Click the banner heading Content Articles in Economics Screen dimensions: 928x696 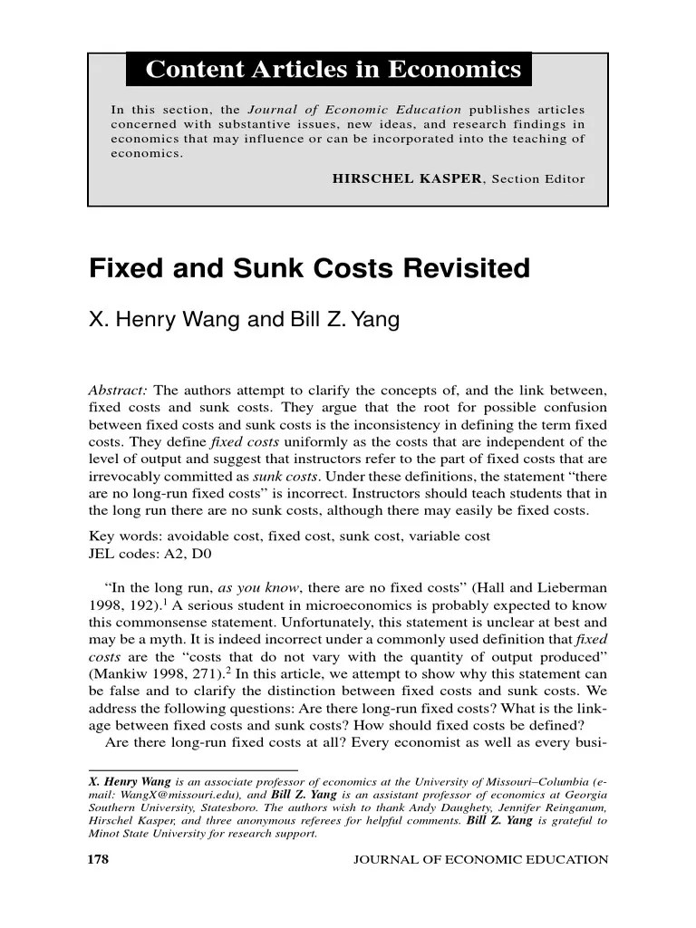(333, 69)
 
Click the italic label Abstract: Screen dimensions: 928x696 (118, 391)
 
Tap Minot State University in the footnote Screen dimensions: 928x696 (144, 834)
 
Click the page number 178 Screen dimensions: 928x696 (101, 859)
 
